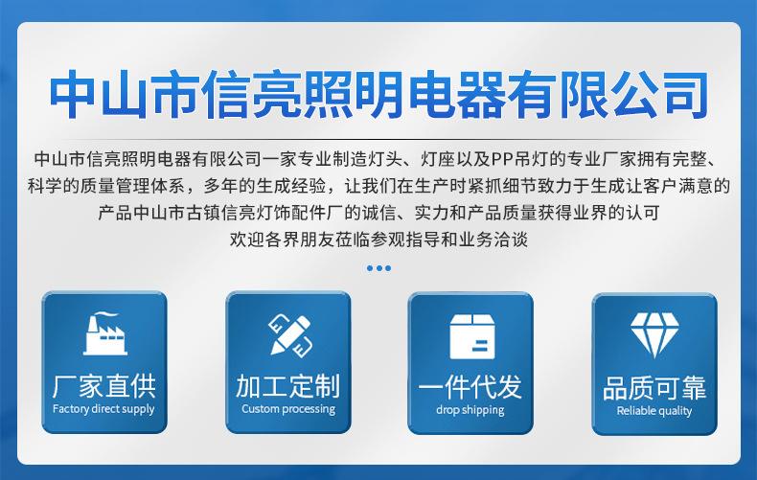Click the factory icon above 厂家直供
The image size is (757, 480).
click(x=104, y=333)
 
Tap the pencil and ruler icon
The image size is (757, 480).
click(x=289, y=335)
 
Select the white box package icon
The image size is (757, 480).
click(x=472, y=336)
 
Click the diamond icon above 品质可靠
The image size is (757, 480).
click(x=654, y=334)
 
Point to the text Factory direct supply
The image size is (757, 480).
click(x=103, y=409)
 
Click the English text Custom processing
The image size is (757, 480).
click(x=288, y=409)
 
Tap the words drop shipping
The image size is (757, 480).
click(x=470, y=410)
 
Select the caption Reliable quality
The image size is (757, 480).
click(x=654, y=411)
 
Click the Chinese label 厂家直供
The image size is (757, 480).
click(x=104, y=386)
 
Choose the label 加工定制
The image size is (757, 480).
click(x=288, y=386)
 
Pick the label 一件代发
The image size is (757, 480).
click(x=470, y=387)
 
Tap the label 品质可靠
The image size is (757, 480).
click(x=654, y=388)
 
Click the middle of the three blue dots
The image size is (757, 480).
click(x=379, y=268)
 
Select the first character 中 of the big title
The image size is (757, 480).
click(x=73, y=94)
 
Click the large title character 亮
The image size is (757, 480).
click(x=276, y=94)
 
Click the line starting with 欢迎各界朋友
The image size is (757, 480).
click(x=378, y=239)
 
